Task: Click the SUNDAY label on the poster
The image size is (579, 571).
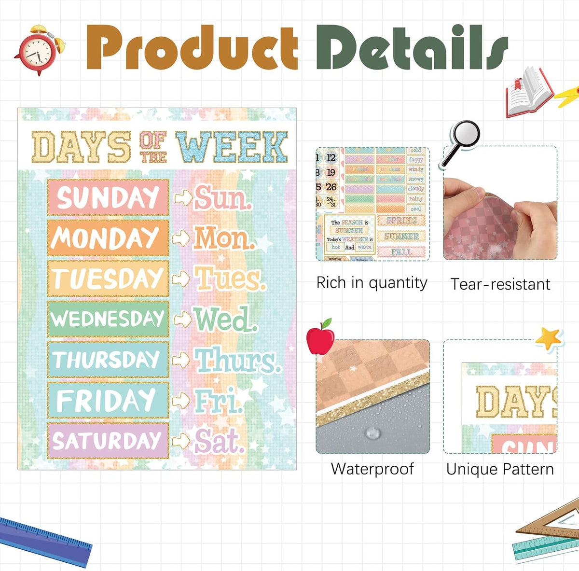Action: (108, 197)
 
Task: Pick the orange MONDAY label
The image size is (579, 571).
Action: (108, 238)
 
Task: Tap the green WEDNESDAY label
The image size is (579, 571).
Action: (108, 319)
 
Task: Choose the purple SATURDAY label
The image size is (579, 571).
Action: (108, 441)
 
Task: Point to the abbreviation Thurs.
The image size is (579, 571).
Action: (237, 360)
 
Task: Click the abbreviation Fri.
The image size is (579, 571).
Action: (218, 401)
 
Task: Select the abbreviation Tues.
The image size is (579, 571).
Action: (229, 279)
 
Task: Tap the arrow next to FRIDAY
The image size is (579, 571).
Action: (181, 400)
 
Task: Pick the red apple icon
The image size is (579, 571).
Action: (321, 337)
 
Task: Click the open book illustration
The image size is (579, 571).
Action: (528, 92)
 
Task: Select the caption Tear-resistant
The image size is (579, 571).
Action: (500, 284)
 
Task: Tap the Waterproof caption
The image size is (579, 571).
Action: (372, 469)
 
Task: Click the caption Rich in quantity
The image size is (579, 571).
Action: (372, 283)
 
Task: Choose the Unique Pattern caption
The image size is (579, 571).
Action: (500, 469)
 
